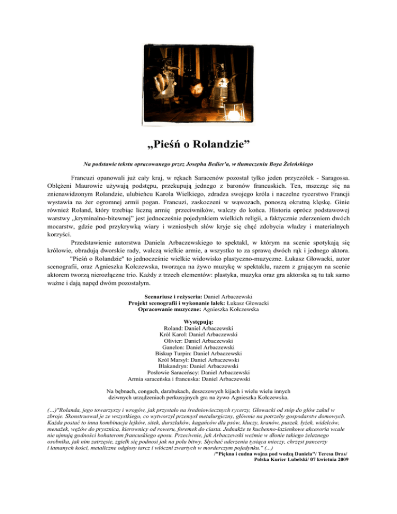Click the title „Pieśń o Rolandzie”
198,141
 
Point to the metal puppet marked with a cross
167,78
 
